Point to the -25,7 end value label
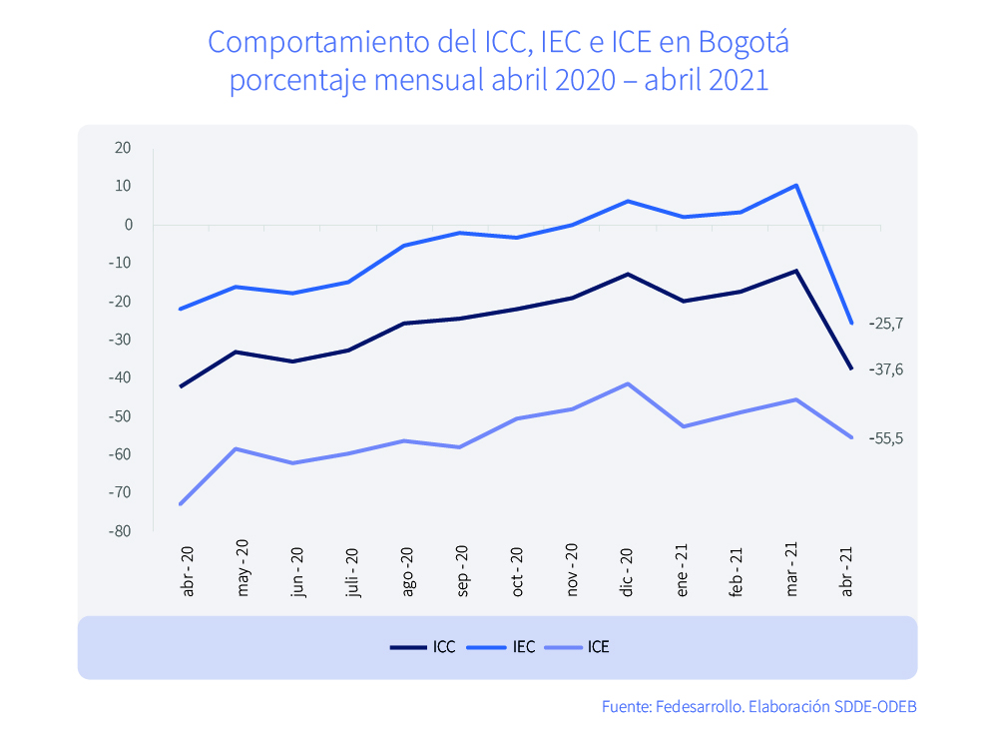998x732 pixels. coord(885,324)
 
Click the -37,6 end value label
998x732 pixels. coord(885,369)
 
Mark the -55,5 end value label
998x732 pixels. coord(885,438)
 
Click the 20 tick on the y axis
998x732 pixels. coord(123,148)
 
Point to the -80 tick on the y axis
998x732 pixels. coord(120,531)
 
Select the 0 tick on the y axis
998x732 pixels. coord(128,225)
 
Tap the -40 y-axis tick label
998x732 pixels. coord(120,378)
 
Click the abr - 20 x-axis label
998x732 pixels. coord(188,572)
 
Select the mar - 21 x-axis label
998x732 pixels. coord(792,572)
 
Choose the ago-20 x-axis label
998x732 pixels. coord(407,572)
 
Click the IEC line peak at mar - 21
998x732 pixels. coord(795,185)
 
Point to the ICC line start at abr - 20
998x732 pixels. coord(181,386)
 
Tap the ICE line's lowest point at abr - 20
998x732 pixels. coord(181,504)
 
